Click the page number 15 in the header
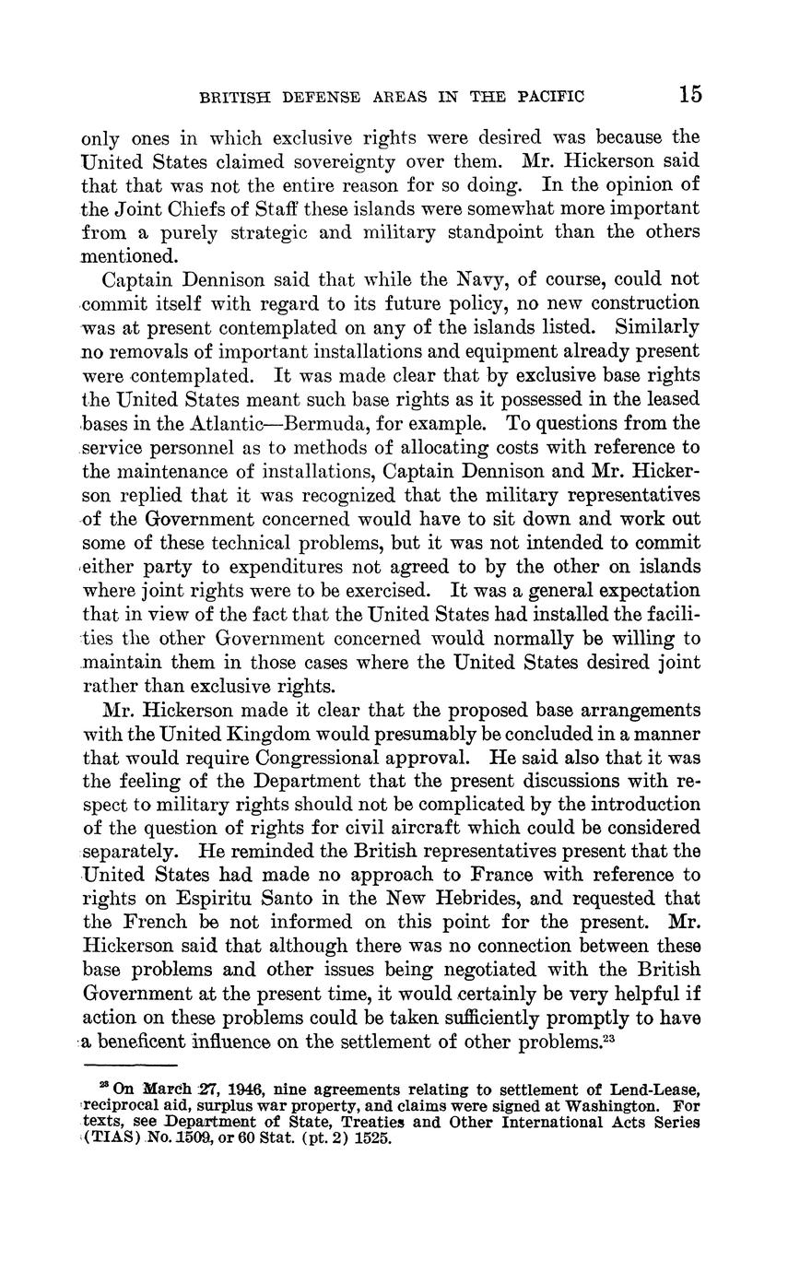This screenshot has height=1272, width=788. click(690, 94)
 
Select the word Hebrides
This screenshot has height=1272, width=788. click(446, 898)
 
